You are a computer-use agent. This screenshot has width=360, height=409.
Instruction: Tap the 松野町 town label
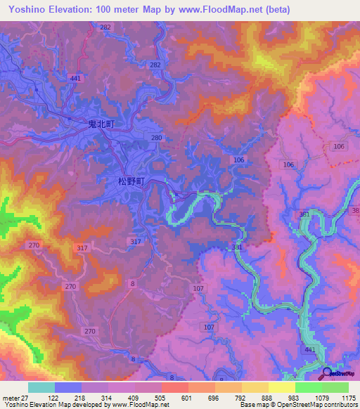click(x=131, y=181)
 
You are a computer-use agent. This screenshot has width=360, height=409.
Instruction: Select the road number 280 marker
click(x=157, y=138)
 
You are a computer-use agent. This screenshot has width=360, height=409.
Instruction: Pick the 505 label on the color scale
click(x=160, y=398)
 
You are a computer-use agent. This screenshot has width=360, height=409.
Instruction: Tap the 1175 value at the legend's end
click(x=349, y=398)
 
